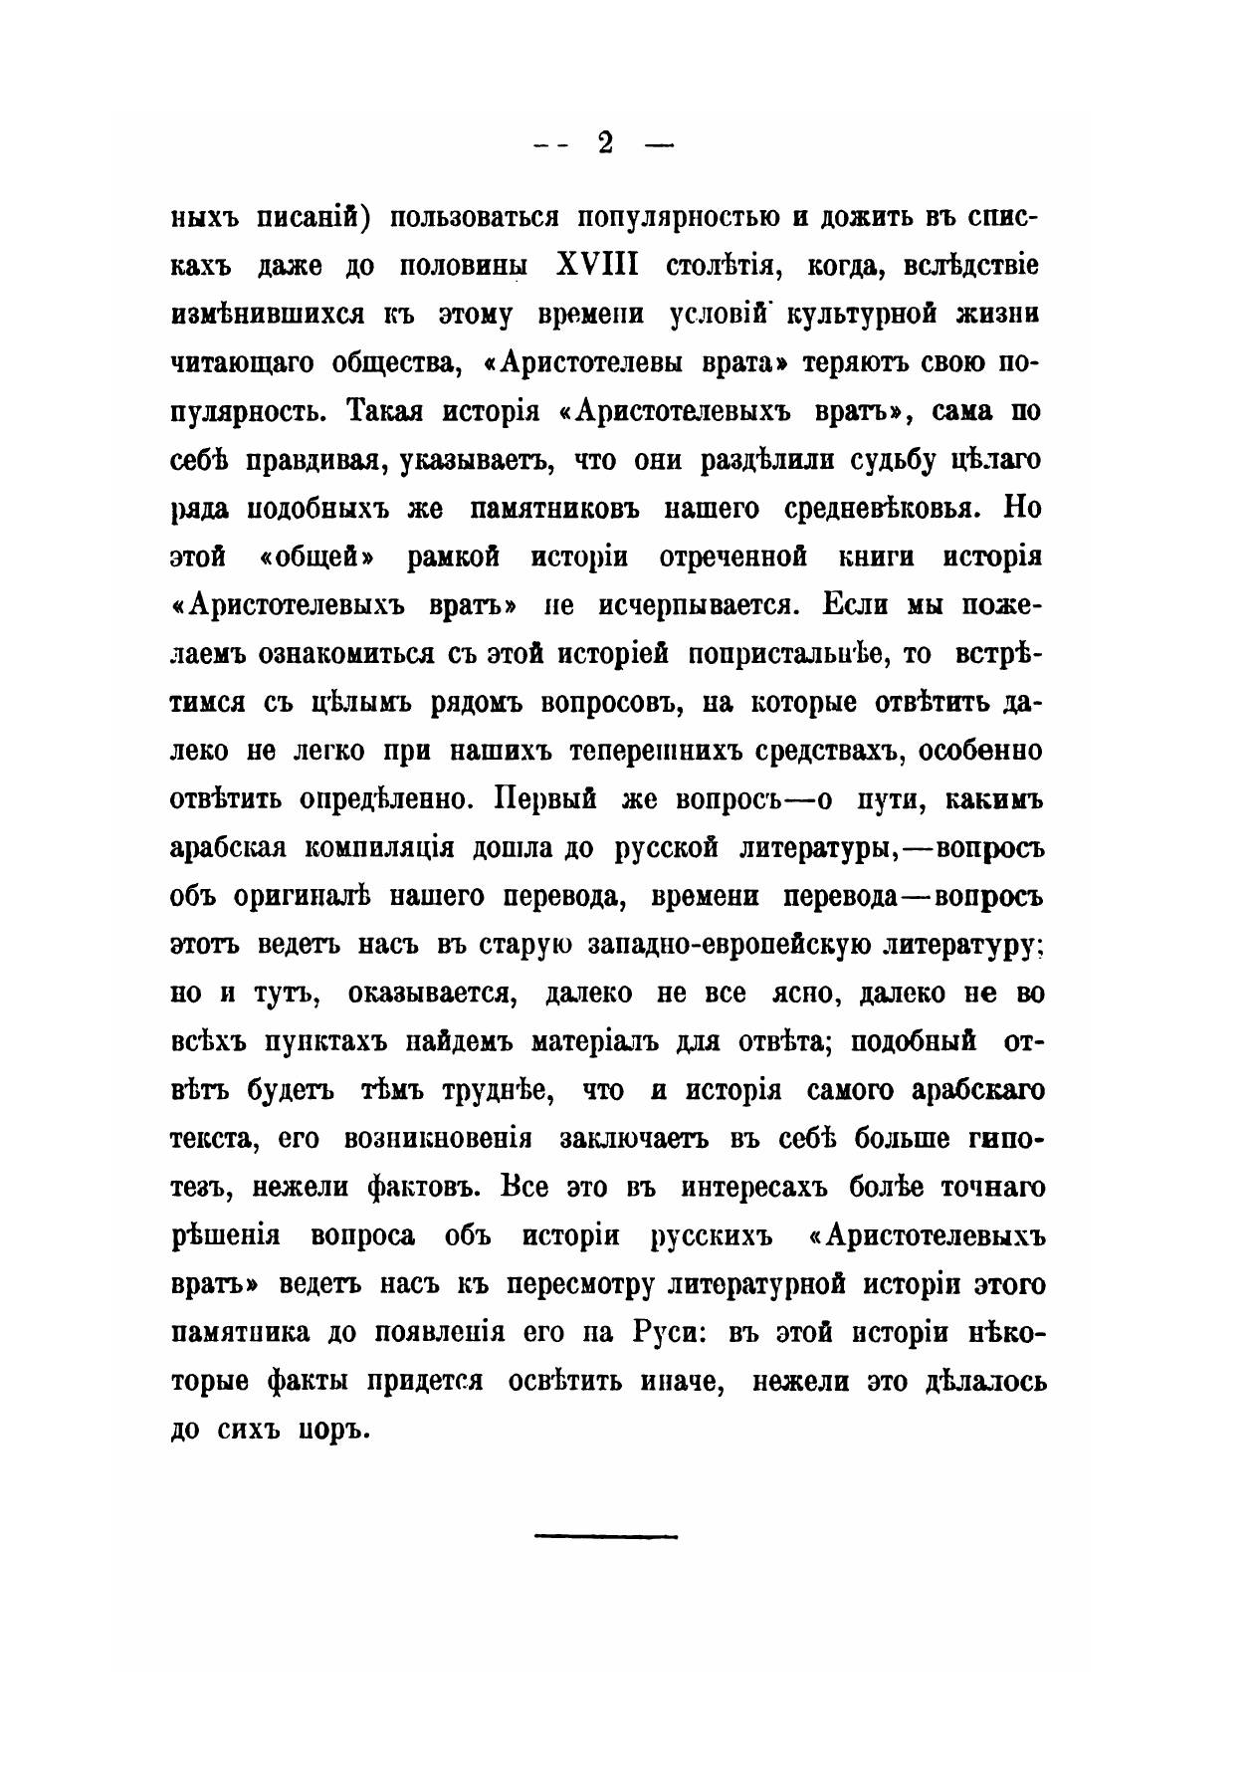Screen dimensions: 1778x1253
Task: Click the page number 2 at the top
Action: [x=604, y=145]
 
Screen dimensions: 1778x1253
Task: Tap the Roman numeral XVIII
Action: [x=596, y=267]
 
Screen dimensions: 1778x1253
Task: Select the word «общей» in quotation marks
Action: [x=314, y=556]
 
